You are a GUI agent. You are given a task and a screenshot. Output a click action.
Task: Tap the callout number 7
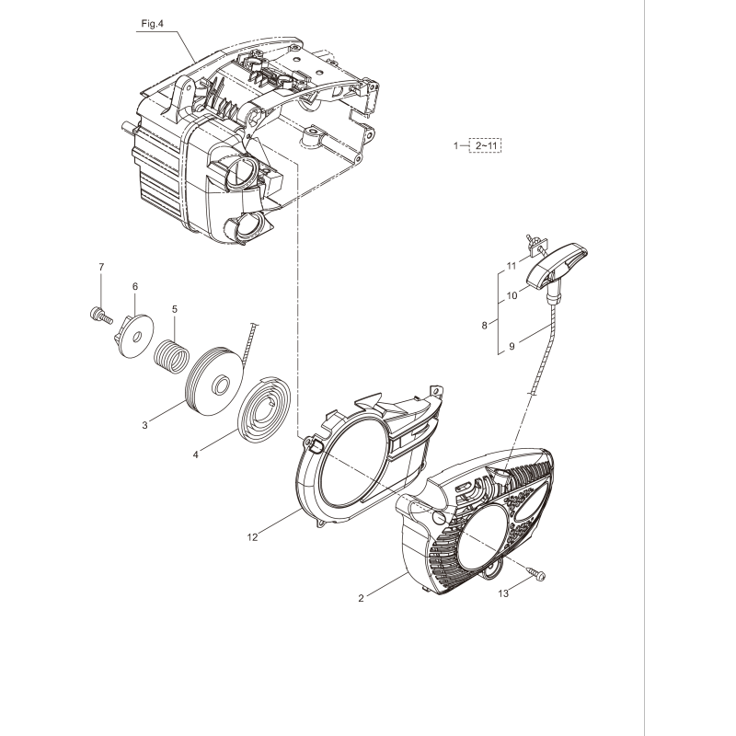click(x=102, y=267)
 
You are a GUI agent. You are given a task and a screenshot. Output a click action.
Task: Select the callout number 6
click(x=135, y=286)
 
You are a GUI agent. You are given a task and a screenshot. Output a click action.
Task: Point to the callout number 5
click(x=174, y=310)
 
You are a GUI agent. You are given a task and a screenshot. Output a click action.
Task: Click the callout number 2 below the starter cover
click(x=361, y=598)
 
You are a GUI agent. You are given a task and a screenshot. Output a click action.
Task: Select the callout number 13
click(x=501, y=593)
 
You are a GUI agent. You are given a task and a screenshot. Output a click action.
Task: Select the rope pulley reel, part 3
click(x=214, y=377)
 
